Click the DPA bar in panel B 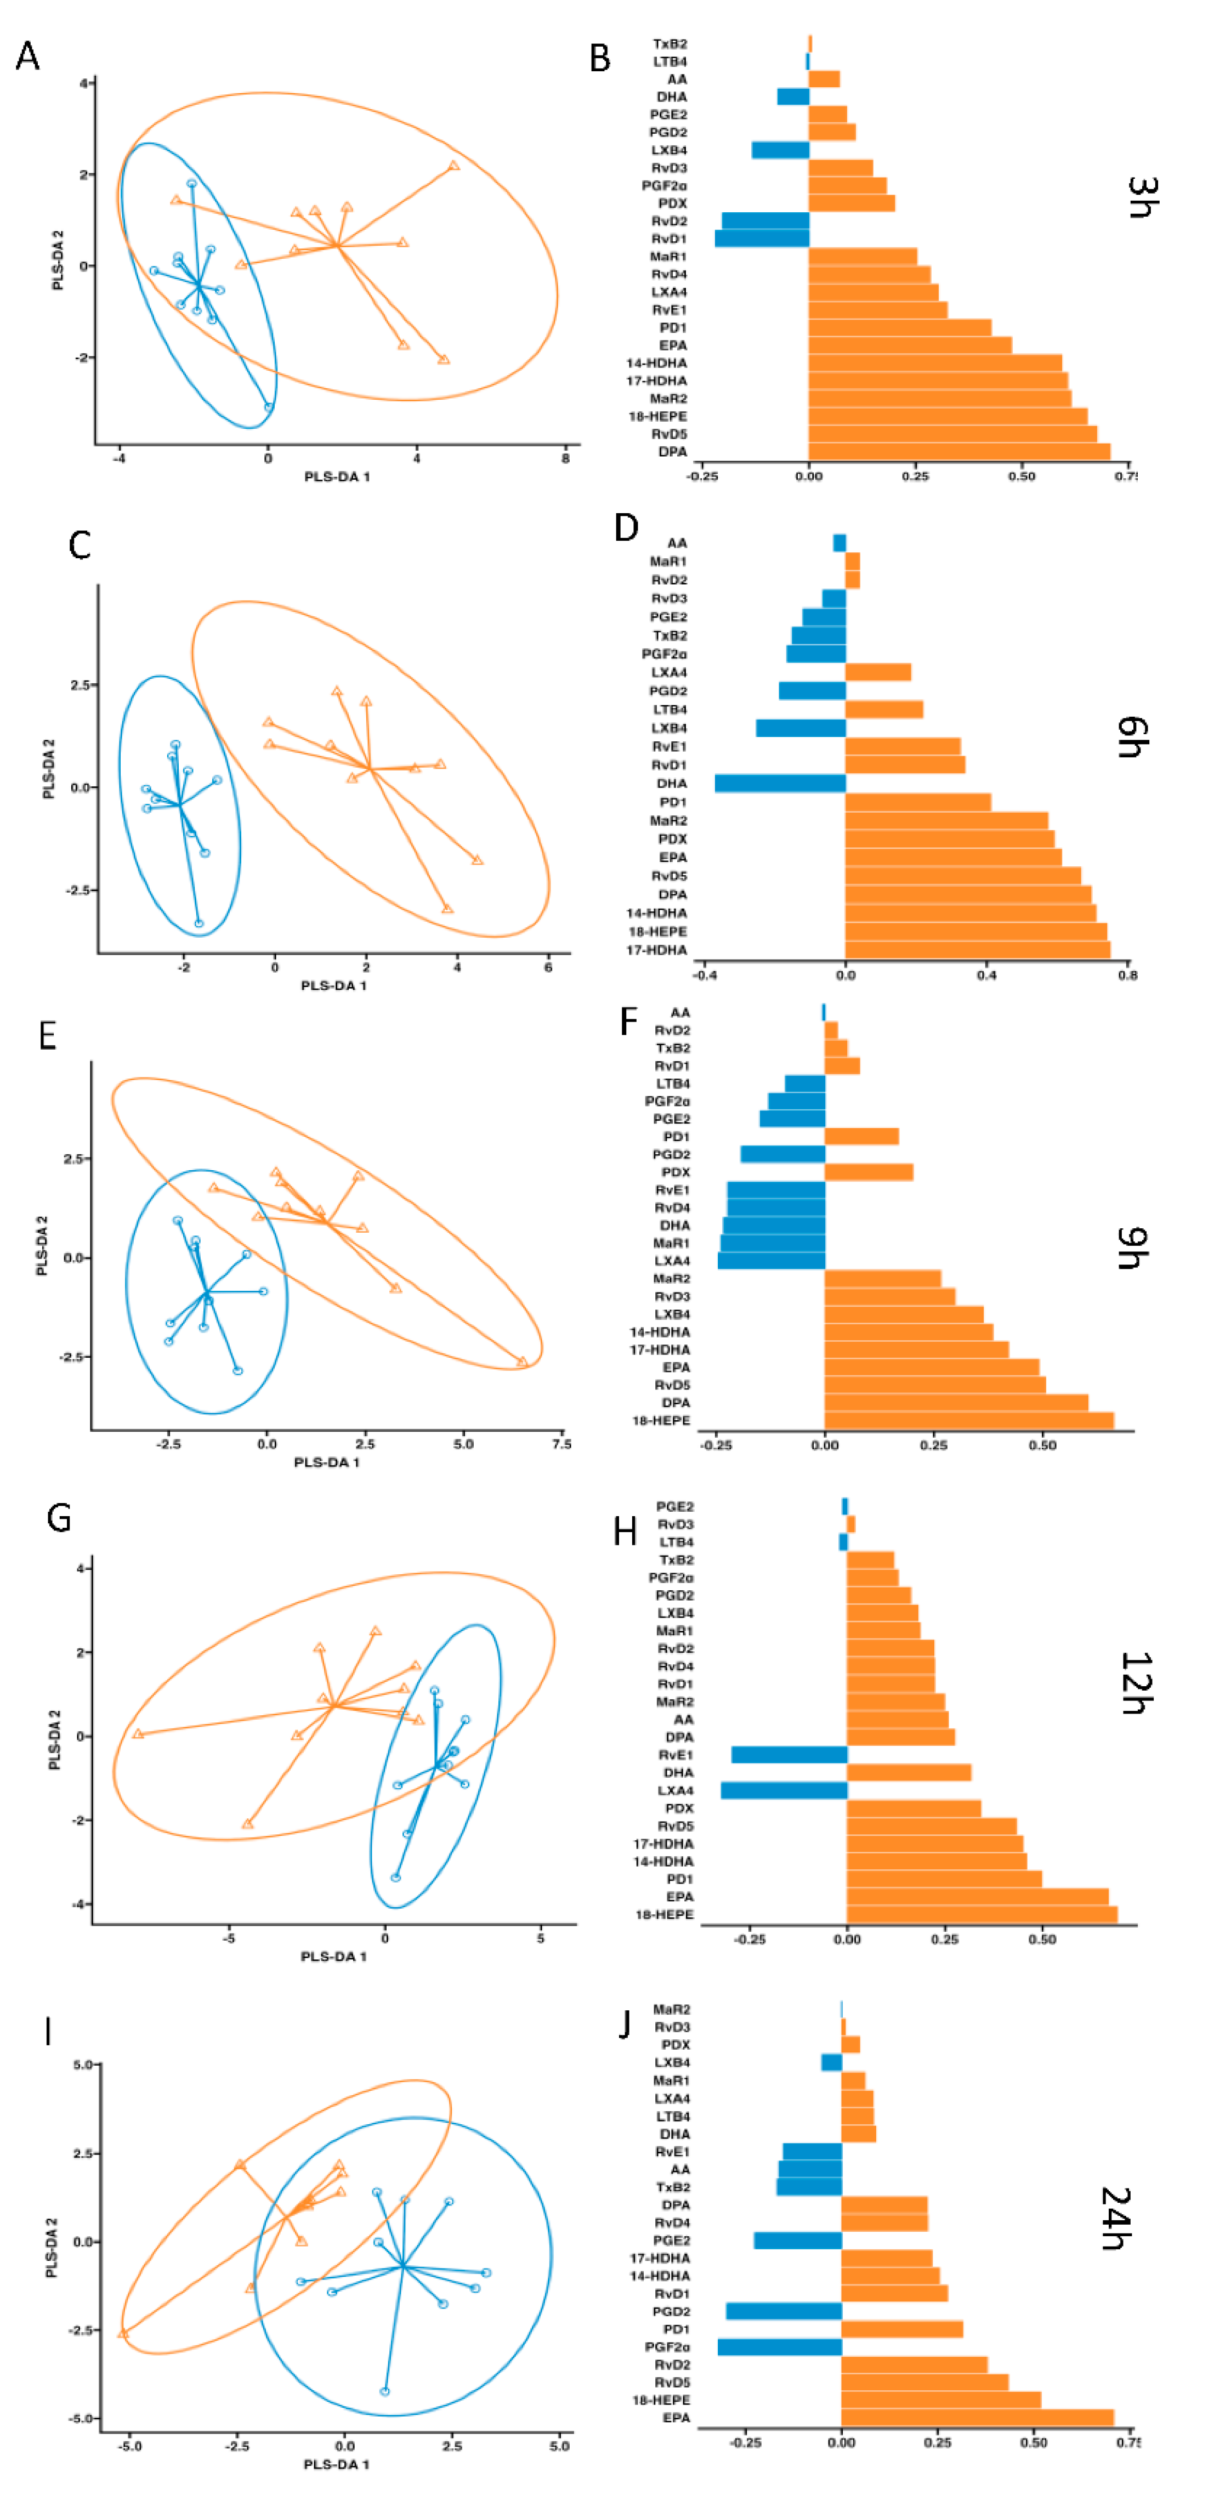[x=959, y=451]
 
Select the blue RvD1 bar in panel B [x=762, y=239]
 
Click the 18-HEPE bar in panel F [x=969, y=1421]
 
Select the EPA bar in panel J [x=978, y=2418]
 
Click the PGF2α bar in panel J [x=780, y=2347]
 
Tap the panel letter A [x=28, y=56]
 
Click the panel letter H [x=625, y=1532]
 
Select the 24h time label [x=1117, y=2218]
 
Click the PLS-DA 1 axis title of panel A [x=337, y=477]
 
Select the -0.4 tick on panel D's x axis [x=705, y=976]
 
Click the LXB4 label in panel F [x=672, y=1314]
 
